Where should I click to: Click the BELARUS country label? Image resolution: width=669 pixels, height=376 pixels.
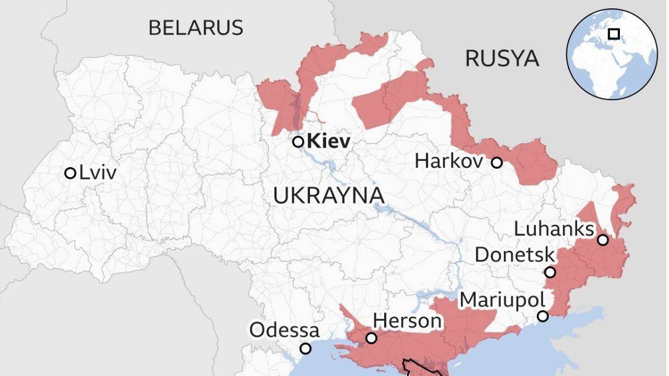point(196,27)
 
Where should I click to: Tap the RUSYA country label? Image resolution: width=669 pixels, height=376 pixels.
point(502,58)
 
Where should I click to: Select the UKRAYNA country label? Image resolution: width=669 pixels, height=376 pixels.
point(329,196)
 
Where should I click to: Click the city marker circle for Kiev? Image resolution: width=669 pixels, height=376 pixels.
point(298,141)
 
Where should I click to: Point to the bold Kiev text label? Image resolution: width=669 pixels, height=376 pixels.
point(329,141)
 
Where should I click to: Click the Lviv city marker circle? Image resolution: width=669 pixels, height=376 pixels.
point(70,173)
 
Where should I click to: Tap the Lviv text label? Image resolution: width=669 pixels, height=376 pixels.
point(98,173)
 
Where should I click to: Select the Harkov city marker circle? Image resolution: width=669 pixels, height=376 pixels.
point(497,163)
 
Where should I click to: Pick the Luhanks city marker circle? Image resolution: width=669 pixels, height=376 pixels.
point(603,240)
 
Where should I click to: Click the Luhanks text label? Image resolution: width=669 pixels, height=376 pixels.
point(553,229)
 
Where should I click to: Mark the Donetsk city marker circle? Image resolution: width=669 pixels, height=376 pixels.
point(550,272)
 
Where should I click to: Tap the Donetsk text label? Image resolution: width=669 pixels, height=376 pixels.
point(515,256)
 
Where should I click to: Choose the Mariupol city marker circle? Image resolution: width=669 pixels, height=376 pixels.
point(542,316)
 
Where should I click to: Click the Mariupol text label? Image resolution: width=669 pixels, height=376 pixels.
point(501,300)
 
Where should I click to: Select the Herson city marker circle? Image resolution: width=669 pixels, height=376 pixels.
point(371,338)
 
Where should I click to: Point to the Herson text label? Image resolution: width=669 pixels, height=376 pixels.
point(407,321)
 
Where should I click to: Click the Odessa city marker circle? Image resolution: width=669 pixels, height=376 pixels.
point(306,349)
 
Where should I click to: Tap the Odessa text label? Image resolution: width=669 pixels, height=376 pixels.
point(284,330)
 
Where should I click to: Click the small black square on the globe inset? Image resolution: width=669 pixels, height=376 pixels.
point(613,34)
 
